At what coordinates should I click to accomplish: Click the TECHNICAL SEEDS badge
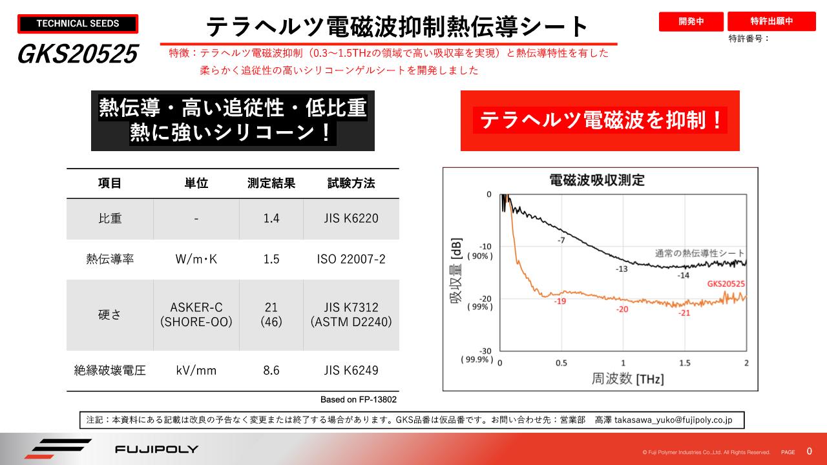coord(78,24)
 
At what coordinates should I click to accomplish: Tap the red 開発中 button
coord(691,21)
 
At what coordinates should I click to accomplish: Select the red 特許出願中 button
coord(771,21)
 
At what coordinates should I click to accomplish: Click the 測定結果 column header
coord(271,183)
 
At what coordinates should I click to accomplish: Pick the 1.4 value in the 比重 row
coord(271,218)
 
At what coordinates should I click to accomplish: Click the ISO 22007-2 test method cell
coord(351,259)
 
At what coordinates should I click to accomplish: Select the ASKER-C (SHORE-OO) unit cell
coord(196,315)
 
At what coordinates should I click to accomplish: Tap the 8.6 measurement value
coord(271,370)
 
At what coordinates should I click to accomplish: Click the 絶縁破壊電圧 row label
coord(110,370)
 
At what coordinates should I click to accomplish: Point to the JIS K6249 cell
coord(351,370)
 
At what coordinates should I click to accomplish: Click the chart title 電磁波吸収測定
coord(596,179)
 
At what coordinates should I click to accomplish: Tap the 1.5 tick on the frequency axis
coord(685,363)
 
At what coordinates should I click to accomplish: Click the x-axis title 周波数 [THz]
coord(627,378)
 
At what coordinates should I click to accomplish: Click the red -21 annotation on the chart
coord(684,313)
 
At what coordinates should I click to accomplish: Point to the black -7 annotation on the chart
coord(561,240)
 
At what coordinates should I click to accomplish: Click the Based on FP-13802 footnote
coord(359,400)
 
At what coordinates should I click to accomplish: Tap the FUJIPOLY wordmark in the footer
coord(156,449)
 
